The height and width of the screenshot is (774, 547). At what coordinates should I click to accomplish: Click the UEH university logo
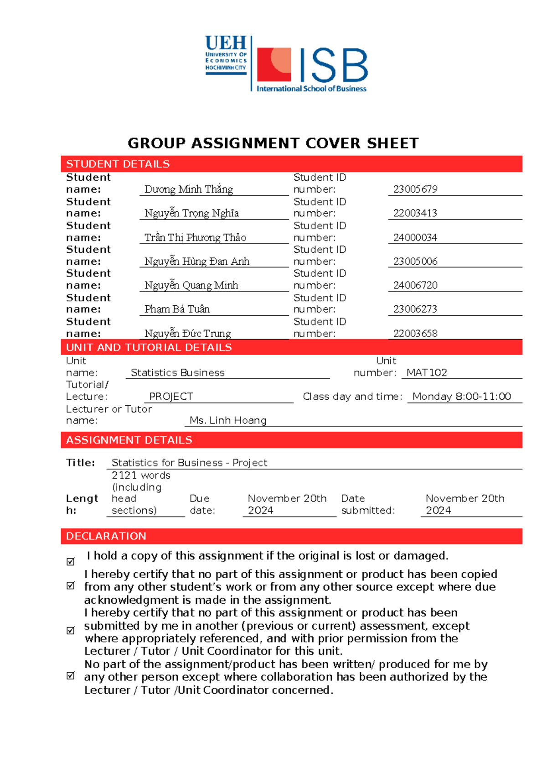[x=226, y=55]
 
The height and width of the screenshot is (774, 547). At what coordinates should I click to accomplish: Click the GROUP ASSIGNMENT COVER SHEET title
[x=273, y=143]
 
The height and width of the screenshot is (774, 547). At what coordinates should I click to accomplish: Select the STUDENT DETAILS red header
[x=118, y=164]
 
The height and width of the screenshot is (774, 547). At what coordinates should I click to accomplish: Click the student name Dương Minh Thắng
[x=188, y=189]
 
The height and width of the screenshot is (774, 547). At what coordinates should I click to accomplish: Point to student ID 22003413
[x=415, y=213]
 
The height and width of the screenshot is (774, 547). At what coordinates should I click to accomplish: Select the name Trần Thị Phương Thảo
[x=195, y=237]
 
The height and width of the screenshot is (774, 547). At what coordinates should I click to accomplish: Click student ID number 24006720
[x=415, y=285]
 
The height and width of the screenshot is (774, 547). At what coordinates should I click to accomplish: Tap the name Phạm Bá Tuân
[x=177, y=309]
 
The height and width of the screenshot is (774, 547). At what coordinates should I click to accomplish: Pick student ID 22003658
[x=415, y=334]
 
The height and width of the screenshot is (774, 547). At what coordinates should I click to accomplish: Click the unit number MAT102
[x=426, y=372]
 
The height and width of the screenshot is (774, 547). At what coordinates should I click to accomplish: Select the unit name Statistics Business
[x=177, y=372]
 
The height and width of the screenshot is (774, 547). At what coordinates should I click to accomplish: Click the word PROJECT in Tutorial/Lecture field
[x=171, y=397]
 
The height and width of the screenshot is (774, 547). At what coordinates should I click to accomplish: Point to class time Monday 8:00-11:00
[x=461, y=397]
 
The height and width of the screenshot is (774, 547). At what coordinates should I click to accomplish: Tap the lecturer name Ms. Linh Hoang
[x=228, y=420]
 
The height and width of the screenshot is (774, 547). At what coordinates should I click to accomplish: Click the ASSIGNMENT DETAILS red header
[x=129, y=440]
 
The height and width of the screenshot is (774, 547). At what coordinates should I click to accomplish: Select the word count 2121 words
[x=141, y=475]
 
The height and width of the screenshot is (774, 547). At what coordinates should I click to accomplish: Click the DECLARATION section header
[x=106, y=536]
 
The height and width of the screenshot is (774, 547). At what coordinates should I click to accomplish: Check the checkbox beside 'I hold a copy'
[x=71, y=561]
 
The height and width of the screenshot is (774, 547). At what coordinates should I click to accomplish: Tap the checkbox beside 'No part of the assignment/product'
[x=71, y=675]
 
